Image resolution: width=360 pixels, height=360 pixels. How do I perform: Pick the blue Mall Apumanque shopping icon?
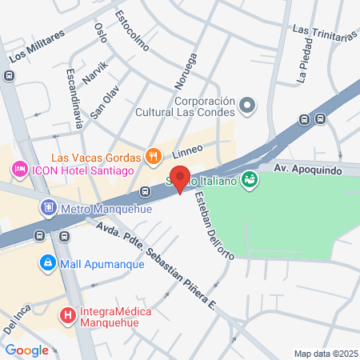click(47, 262)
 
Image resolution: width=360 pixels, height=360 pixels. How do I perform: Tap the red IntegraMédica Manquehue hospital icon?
click(70, 315)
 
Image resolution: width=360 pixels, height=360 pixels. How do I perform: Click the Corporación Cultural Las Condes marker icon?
click(248, 106)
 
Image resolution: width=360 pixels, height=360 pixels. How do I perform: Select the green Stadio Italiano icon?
click(250, 179)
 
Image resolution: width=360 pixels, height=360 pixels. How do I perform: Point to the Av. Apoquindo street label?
click(307, 170)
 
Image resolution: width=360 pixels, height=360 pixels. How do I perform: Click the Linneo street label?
click(186, 150)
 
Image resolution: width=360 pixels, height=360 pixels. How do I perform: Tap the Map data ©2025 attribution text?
click(324, 354)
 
